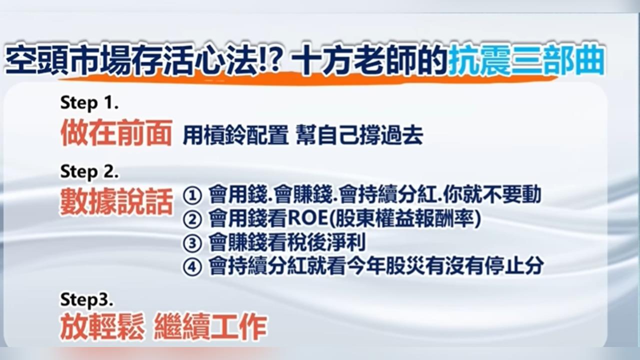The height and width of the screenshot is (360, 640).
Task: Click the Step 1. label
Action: coord(89,103)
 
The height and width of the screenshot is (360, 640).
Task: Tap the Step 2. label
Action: coord(89,172)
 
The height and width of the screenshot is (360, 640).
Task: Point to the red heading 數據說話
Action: coord(116,202)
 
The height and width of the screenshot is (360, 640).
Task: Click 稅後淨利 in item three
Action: coord(326,243)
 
